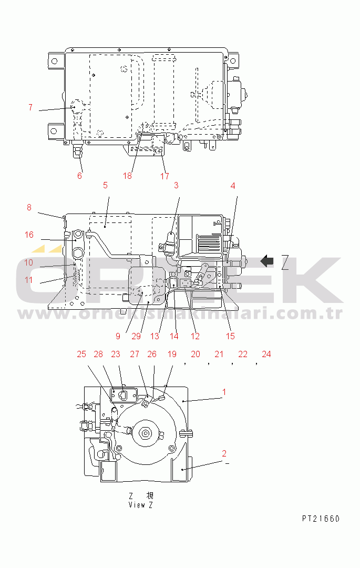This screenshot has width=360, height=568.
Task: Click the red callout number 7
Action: tap(30, 107)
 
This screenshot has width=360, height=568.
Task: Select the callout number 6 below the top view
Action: tap(80, 176)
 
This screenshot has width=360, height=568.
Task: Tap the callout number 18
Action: tap(127, 176)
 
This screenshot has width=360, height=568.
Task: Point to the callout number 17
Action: tap(164, 176)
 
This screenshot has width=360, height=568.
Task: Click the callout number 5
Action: tap(105, 185)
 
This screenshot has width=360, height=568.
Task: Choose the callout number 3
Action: tap(176, 185)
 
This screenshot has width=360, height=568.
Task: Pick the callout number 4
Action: tap(233, 185)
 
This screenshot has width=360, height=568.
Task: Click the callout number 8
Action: tap(29, 208)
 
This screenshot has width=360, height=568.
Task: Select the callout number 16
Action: tap(29, 235)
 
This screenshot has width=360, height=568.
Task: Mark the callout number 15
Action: tap(230, 336)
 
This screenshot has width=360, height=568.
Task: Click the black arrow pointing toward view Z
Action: tap(268, 260)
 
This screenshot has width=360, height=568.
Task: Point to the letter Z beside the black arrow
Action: tap(285, 260)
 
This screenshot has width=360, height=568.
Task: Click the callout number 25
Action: tap(81, 354)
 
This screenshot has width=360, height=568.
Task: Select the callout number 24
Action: tap(266, 354)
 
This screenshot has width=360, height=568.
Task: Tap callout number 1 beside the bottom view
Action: tap(224, 392)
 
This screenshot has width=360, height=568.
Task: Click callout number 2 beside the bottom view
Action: tap(224, 453)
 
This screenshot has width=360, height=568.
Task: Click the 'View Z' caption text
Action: tap(140, 505)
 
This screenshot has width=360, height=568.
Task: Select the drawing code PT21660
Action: tap(321, 519)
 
